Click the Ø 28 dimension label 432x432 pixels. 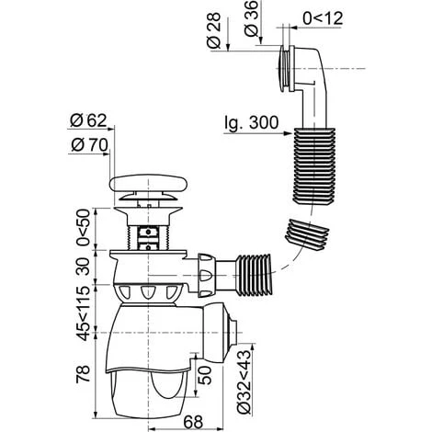214,30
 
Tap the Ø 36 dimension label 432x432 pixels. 252,18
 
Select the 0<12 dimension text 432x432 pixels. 323,18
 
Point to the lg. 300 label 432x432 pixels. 252,123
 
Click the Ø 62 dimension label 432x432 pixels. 88,120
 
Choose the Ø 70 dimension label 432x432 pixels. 89,145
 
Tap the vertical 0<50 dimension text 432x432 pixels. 84,227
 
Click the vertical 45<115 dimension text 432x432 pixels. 84,313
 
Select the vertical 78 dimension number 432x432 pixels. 84,373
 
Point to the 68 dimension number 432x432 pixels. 193,422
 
